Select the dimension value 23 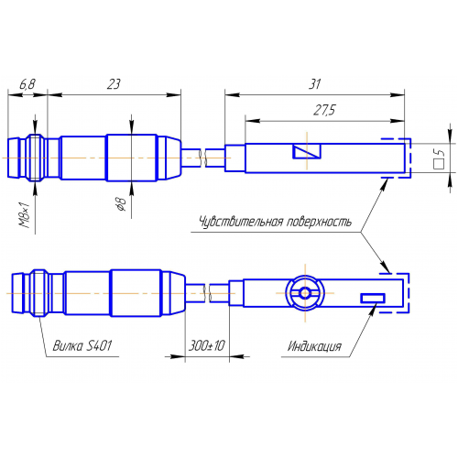tap(114, 84)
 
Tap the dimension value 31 tap(314, 84)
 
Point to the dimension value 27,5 tap(324, 109)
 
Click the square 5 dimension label tap(438, 162)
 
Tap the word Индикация tap(314, 346)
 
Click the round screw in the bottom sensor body tap(303, 292)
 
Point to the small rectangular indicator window tap(373, 297)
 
